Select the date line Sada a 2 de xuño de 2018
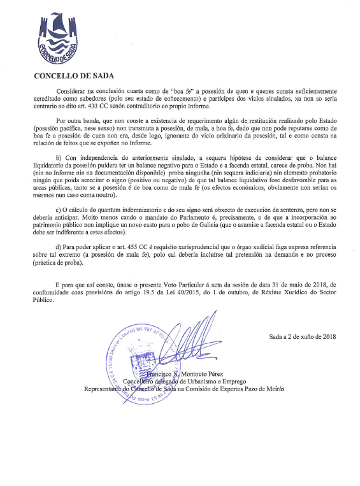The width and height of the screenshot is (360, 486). tap(303, 336)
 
